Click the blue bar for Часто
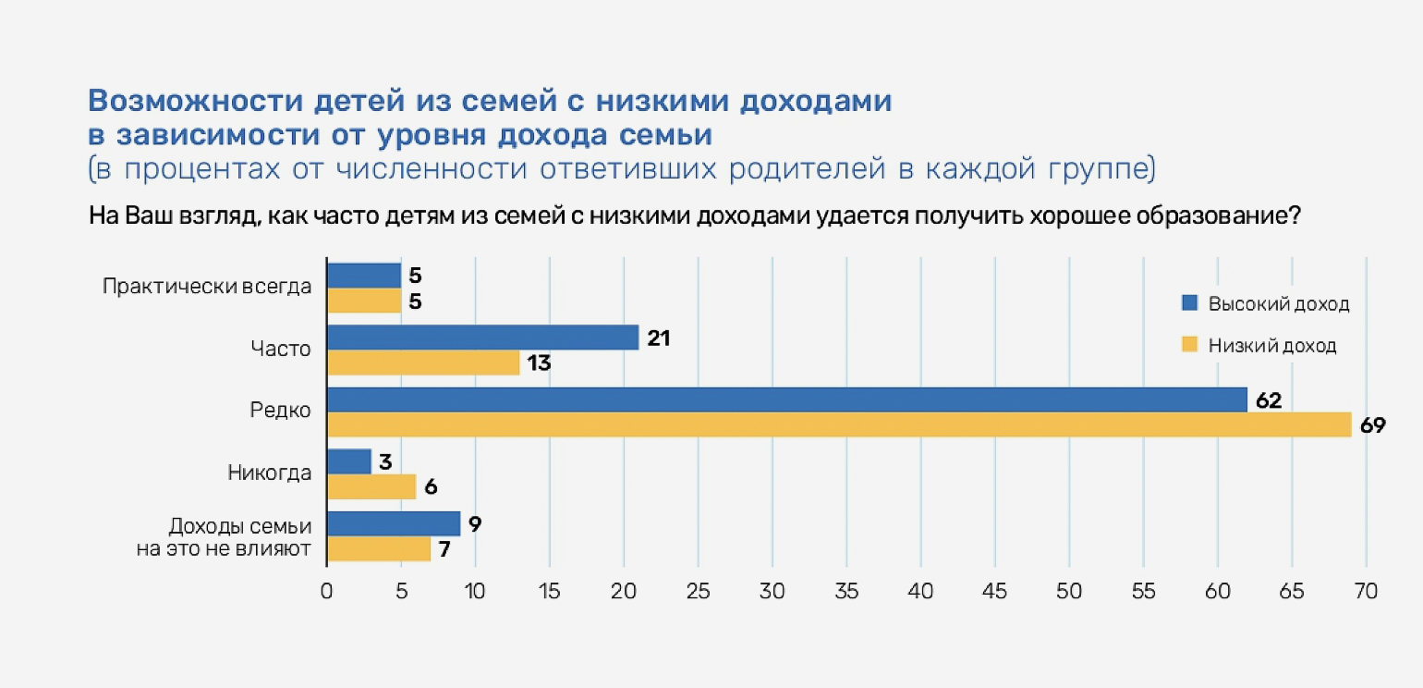click(x=482, y=338)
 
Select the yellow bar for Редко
click(x=839, y=425)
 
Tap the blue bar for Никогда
click(x=349, y=461)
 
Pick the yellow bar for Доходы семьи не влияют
click(x=379, y=549)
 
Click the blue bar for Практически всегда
click(x=364, y=276)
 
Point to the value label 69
click(x=1373, y=425)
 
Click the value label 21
click(x=658, y=338)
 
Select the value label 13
click(x=540, y=363)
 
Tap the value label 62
click(x=1270, y=400)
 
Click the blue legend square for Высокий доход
click(x=1189, y=302)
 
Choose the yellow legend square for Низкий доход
click(x=1189, y=345)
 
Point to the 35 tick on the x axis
click(x=846, y=591)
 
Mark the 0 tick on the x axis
click(x=327, y=591)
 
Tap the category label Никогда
click(x=269, y=473)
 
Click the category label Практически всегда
click(x=207, y=287)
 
